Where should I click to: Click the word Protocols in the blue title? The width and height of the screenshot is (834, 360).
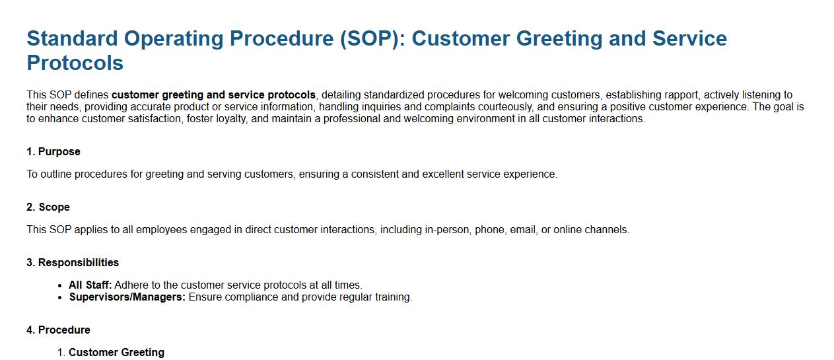pos(75,63)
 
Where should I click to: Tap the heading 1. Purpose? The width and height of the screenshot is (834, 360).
pos(53,151)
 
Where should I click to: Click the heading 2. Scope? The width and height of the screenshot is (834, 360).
pos(48,207)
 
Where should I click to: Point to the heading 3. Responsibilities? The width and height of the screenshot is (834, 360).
pos(73,262)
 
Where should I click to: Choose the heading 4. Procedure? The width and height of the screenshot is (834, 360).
pos(59,330)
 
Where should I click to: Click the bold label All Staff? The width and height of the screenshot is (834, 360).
pos(90,285)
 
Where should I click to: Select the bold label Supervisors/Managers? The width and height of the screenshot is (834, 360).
pos(127,297)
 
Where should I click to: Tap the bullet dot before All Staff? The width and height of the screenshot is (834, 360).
pos(60,286)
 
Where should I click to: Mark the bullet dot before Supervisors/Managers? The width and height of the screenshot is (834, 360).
pos(60,298)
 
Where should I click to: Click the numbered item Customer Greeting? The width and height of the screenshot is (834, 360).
pos(116,352)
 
